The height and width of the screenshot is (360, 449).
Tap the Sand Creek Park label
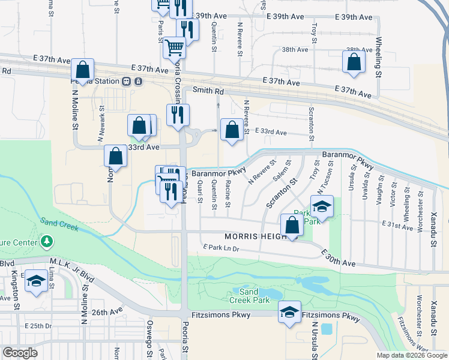click(x=249, y=296)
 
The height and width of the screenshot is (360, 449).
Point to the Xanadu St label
click(x=433, y=223)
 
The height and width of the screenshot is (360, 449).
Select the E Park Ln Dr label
click(x=221, y=247)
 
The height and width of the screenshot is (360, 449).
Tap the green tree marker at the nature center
click(x=47, y=242)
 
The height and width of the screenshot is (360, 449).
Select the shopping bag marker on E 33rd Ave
click(x=232, y=129)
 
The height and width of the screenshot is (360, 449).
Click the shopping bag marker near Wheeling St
click(x=354, y=61)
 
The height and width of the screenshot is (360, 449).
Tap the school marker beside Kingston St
click(x=36, y=281)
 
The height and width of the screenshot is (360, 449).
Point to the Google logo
click(x=20, y=353)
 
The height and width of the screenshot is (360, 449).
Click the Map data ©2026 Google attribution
click(x=411, y=355)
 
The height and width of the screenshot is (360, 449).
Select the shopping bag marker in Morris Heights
click(x=292, y=226)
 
